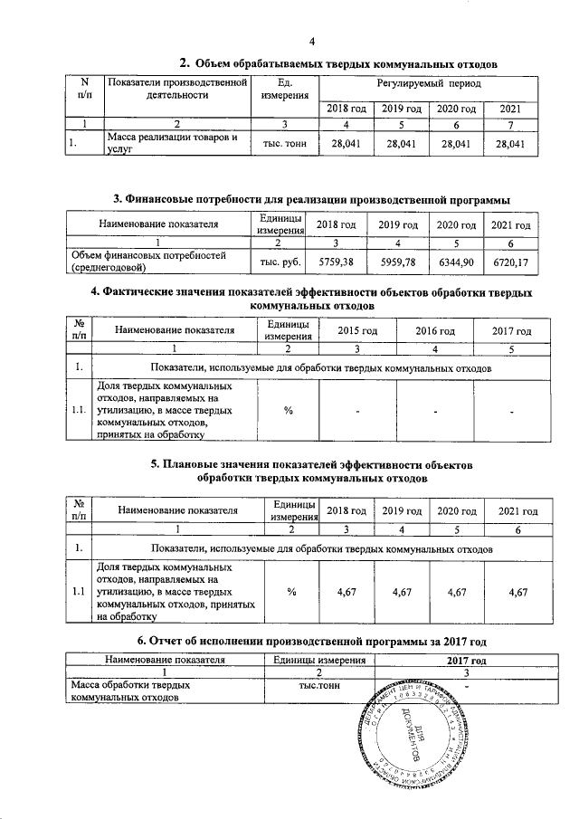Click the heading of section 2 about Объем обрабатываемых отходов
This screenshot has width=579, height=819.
click(338, 63)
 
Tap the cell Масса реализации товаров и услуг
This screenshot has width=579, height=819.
click(172, 144)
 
